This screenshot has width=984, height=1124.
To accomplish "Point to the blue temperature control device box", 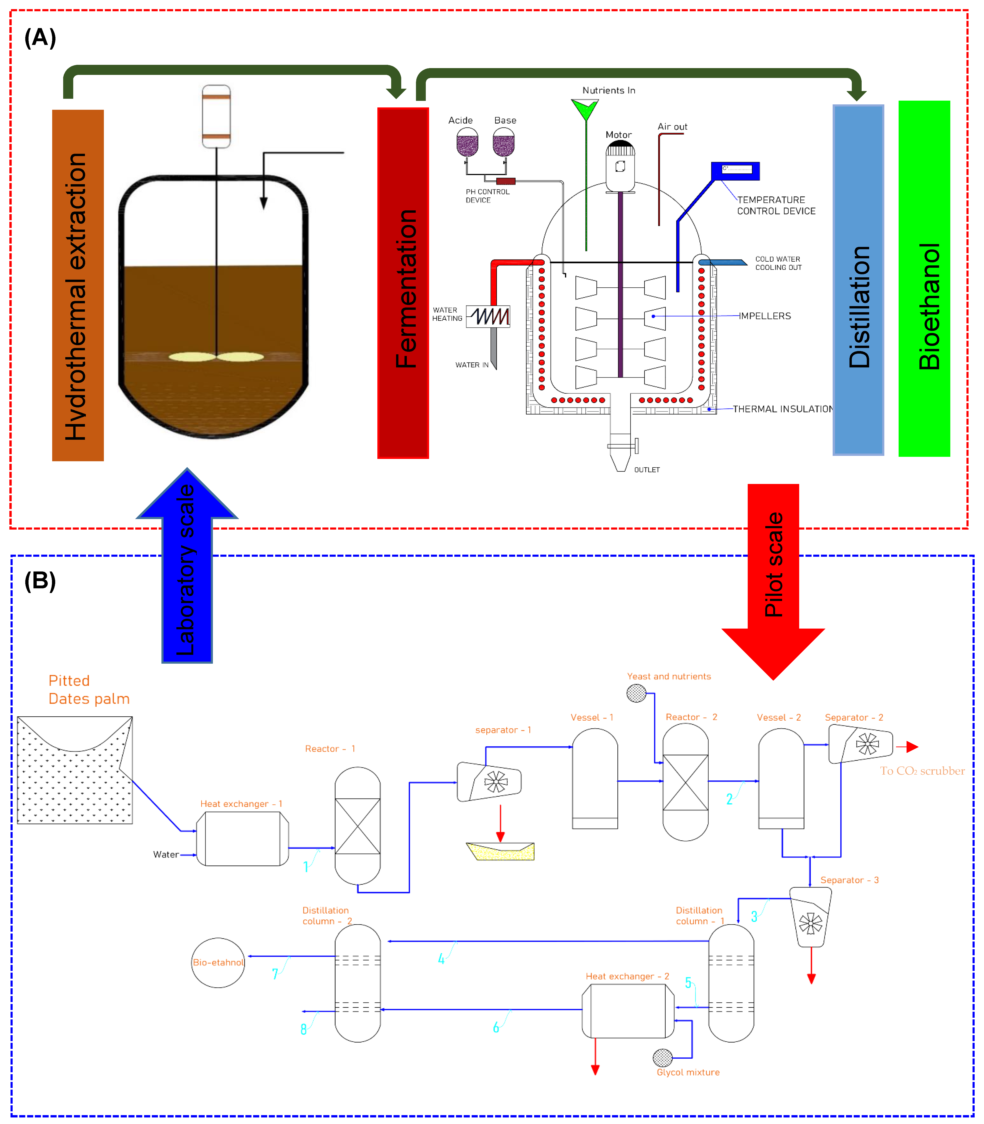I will [x=735, y=171].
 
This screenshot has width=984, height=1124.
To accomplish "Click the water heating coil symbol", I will [x=488, y=316].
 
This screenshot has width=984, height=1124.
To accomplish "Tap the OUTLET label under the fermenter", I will [x=647, y=470].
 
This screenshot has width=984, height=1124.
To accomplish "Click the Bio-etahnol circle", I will [x=218, y=963].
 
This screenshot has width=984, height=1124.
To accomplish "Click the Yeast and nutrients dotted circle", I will [x=636, y=693].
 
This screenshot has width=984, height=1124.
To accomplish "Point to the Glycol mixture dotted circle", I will [x=663, y=1057].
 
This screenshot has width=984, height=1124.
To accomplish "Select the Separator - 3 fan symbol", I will [x=810, y=923].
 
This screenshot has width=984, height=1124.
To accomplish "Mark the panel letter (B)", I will [x=40, y=581].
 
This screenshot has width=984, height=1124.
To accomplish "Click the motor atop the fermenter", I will [x=620, y=165].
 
